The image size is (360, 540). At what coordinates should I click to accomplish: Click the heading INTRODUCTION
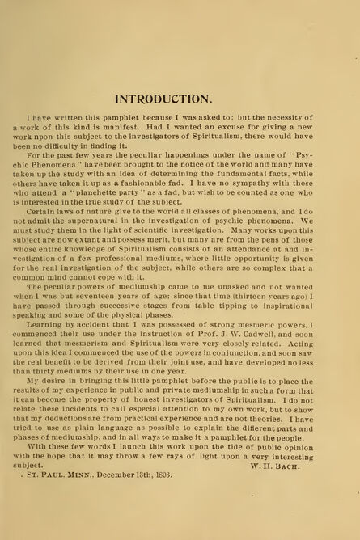(x=164, y=99)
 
